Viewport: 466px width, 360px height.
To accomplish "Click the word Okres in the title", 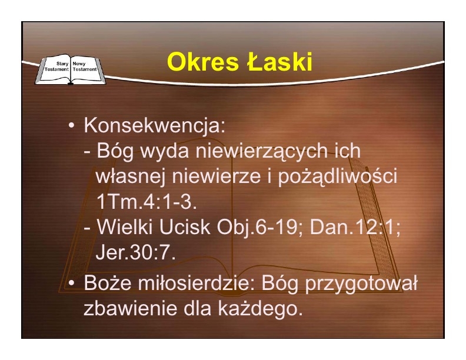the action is click(x=202, y=62).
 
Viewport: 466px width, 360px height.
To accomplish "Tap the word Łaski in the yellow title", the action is click(x=279, y=61).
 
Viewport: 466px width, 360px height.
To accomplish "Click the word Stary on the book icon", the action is click(x=62, y=64).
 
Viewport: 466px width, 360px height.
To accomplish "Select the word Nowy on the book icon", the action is click(x=79, y=64).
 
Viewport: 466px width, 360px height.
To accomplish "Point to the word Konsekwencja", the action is click(x=155, y=125).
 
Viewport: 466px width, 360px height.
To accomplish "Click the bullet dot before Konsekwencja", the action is click(x=71, y=125).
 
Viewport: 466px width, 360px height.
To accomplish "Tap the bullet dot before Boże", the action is click(x=71, y=283).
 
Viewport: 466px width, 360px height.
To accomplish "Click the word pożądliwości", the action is click(x=337, y=176).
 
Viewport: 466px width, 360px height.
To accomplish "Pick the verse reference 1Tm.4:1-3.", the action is click(x=147, y=202).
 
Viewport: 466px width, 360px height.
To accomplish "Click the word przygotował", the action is click(x=361, y=284).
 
